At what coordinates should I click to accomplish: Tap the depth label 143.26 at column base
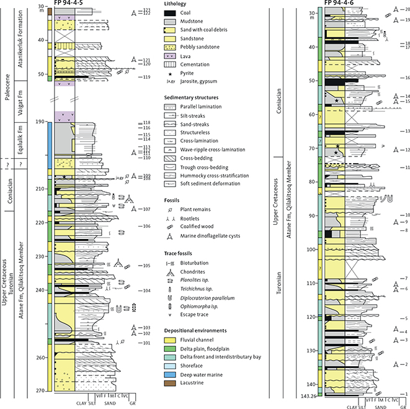[308, 395]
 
